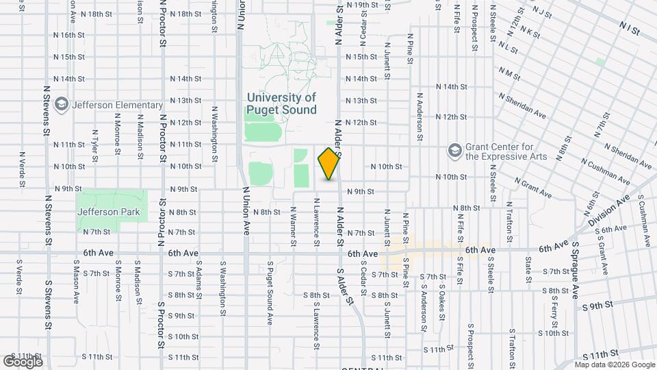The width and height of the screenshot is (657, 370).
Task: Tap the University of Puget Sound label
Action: pos(282,104)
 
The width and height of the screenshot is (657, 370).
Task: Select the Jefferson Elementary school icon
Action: pos(62,105)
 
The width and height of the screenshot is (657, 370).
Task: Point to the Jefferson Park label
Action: pos(109,212)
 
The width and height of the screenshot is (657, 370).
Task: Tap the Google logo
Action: pos(23,361)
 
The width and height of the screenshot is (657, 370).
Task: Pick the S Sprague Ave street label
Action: pos(576,269)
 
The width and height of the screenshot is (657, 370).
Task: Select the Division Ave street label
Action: pos(613,210)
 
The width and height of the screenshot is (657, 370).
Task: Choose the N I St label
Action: pos(628,30)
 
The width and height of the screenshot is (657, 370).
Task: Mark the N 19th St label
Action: pos(362,5)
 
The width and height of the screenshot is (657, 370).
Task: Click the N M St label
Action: pos(511,71)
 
